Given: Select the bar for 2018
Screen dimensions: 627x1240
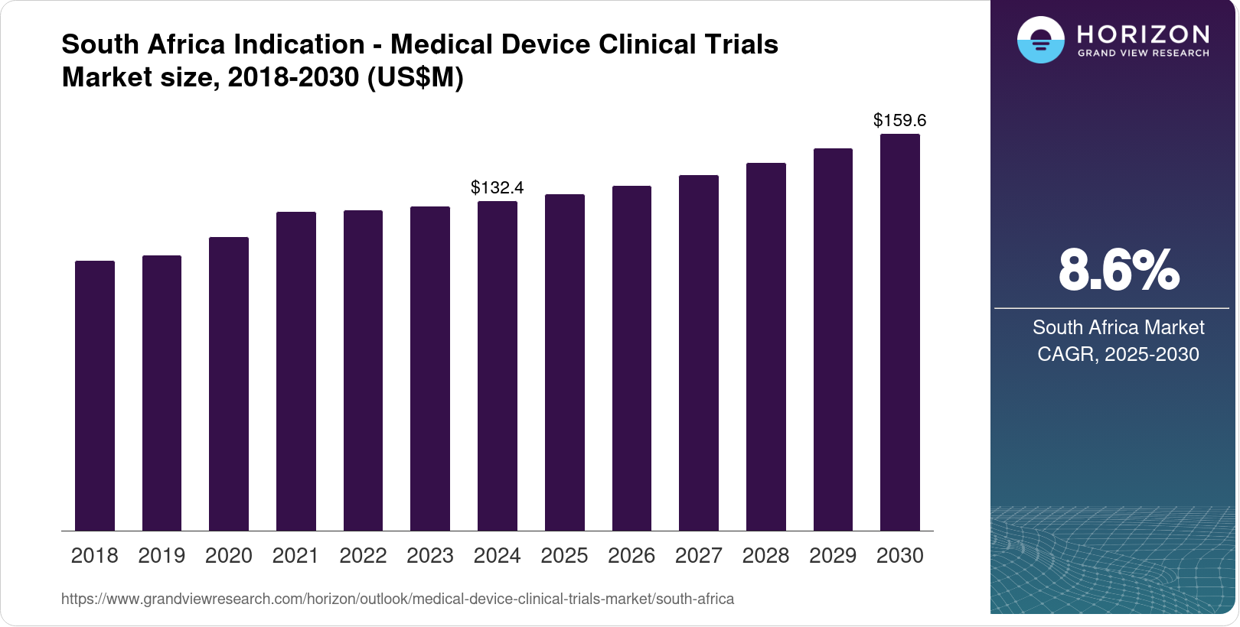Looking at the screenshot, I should click(95, 396).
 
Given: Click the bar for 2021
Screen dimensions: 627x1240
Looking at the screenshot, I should click(296, 372).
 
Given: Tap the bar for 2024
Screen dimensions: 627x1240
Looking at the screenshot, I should click(498, 366).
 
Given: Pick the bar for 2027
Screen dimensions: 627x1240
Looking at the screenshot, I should click(699, 353).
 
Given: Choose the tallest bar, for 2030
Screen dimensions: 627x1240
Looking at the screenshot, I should click(900, 333).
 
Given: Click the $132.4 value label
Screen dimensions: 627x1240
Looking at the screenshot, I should click(498, 187).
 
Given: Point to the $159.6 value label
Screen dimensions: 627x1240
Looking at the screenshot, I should click(900, 120).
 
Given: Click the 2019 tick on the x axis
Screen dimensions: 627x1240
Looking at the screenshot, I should click(162, 555).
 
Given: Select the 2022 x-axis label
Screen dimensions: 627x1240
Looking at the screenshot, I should click(363, 555).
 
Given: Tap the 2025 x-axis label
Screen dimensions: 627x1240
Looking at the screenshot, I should click(564, 555).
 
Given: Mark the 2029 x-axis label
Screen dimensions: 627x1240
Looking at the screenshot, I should click(833, 555).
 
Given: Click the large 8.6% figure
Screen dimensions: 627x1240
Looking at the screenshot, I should click(1118, 270).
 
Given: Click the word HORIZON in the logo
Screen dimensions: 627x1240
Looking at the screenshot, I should click(1144, 34).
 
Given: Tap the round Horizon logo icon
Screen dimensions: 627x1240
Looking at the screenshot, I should click(1041, 40).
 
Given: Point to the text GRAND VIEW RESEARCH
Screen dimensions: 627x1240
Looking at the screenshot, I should click(1144, 54).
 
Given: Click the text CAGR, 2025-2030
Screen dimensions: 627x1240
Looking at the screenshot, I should click(1118, 354).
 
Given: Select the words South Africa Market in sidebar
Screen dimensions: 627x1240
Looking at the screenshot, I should click(1118, 327).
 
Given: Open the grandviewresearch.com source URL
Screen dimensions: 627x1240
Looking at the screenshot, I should click(397, 599).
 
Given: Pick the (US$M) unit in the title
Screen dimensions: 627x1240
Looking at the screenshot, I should click(416, 77).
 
